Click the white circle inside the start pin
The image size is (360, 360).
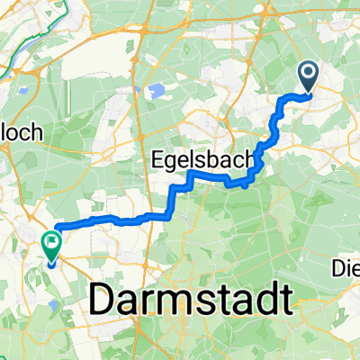308,72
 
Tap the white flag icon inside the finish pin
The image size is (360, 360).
50,239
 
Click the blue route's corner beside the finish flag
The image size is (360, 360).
58,227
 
